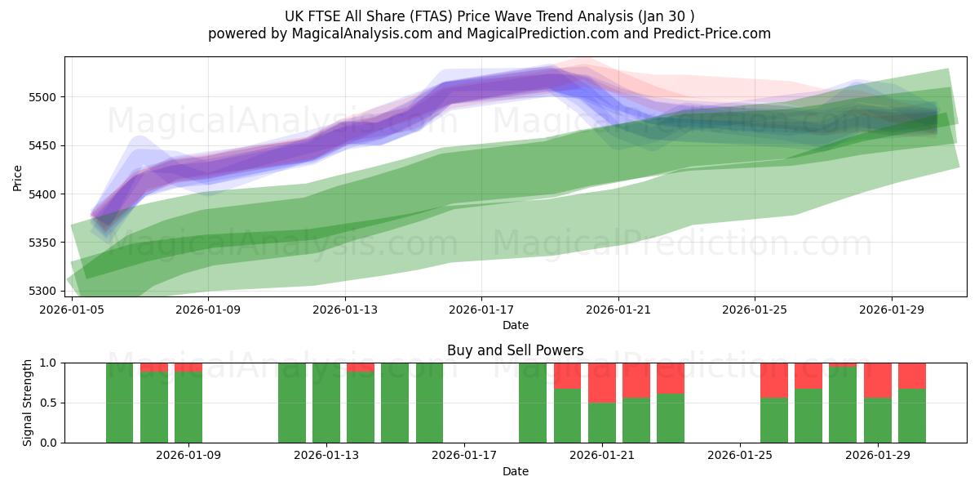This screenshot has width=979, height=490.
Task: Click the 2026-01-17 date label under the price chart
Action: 481,310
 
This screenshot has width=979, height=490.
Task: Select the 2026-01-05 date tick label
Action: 73,310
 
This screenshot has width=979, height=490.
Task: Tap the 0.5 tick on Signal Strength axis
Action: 49,403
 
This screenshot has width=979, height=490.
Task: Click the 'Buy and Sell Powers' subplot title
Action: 515,350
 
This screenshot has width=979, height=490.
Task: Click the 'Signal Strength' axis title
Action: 28,403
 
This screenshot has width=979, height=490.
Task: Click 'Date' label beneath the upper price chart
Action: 515,325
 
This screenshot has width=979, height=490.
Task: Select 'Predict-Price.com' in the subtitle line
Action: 707,33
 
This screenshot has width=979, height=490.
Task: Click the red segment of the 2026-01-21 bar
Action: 602,382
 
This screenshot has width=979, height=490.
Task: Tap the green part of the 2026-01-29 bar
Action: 878,421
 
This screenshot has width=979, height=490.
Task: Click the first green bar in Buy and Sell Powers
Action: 119,403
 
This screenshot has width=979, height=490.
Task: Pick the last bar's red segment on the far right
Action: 912,376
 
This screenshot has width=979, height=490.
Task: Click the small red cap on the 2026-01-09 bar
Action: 188,367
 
